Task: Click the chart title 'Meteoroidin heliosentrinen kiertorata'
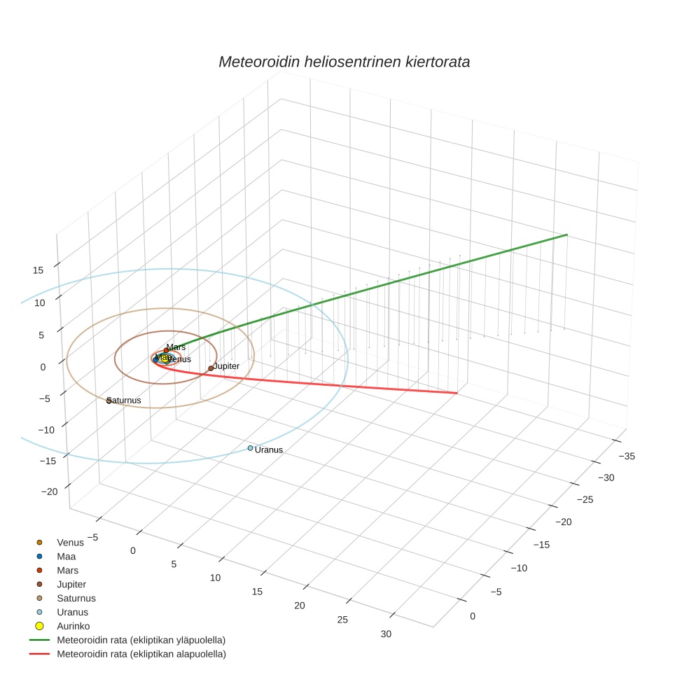click(344, 62)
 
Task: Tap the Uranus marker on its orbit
click(250, 448)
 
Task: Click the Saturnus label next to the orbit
click(125, 401)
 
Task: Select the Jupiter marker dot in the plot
click(211, 368)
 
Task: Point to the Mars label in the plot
click(176, 347)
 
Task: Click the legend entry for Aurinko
click(73, 626)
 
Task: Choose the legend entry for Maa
click(66, 557)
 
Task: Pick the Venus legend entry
click(70, 543)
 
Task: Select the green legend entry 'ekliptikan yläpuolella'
click(141, 640)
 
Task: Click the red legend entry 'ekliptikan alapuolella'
click(141, 654)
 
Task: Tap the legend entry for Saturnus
click(76, 598)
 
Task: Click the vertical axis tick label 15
click(39, 270)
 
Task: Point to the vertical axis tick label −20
click(49, 492)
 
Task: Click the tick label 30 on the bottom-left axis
click(386, 634)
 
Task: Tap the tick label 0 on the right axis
click(473, 616)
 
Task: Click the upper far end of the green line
click(566, 235)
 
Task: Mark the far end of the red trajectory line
click(457, 393)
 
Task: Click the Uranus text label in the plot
click(269, 450)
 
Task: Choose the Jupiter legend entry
click(71, 584)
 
